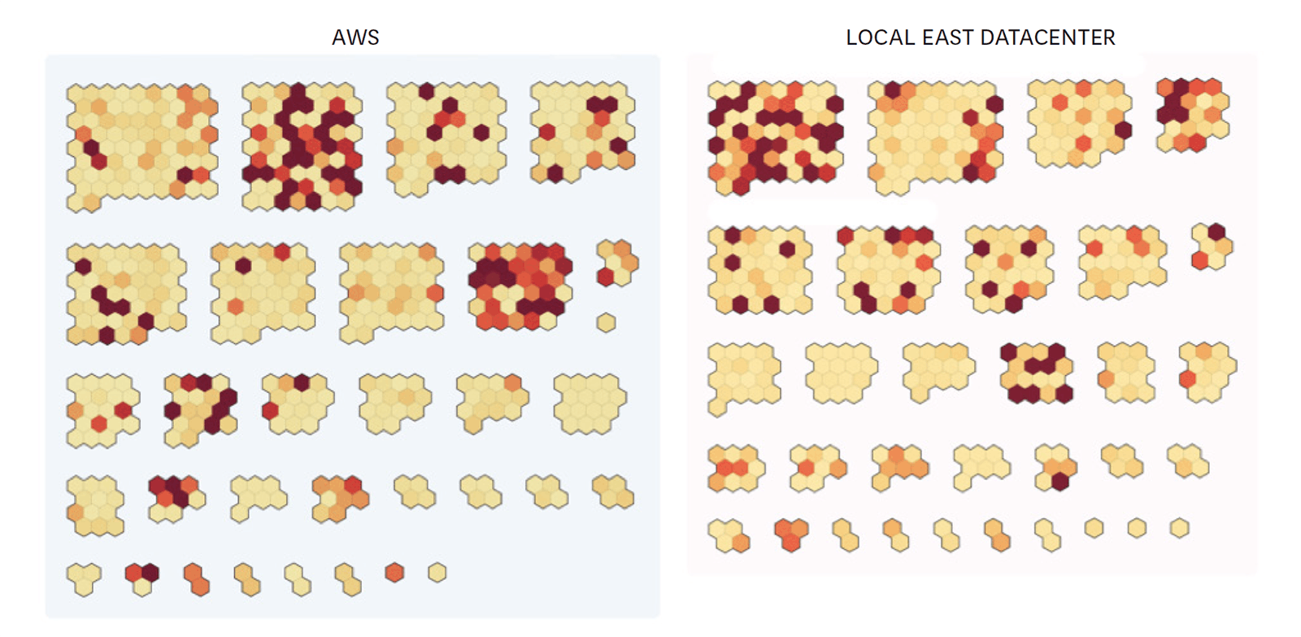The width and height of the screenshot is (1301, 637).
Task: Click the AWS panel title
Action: pos(355,37)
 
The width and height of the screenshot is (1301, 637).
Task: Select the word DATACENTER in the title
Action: pos(1048,37)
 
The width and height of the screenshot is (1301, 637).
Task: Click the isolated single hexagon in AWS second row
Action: pos(606,322)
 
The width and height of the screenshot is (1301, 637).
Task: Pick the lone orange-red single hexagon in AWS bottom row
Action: pos(394,573)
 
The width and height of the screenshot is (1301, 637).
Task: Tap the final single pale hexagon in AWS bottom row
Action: pos(437,573)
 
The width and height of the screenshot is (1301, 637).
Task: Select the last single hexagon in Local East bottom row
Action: pos(1179,529)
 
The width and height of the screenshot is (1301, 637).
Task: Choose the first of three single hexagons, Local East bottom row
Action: pos(1094,529)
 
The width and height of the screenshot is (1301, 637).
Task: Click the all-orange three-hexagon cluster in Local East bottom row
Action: pos(790,534)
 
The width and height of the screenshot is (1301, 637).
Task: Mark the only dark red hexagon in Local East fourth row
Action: pos(1060,481)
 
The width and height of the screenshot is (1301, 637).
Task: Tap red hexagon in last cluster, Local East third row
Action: pos(1188,379)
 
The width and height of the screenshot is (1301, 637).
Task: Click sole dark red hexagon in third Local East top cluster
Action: pos(1123,130)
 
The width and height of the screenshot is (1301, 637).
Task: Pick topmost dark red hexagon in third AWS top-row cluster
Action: pos(426,91)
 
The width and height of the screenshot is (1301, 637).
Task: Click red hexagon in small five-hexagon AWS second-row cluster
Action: pos(605,277)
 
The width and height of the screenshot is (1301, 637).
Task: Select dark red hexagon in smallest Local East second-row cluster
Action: pos(1216,232)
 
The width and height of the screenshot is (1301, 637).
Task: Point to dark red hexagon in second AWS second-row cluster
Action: pos(243,265)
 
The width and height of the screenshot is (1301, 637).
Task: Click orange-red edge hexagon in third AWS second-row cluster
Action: pos(436,293)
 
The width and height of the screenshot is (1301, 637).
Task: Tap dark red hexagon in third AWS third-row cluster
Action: pos(302,382)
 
